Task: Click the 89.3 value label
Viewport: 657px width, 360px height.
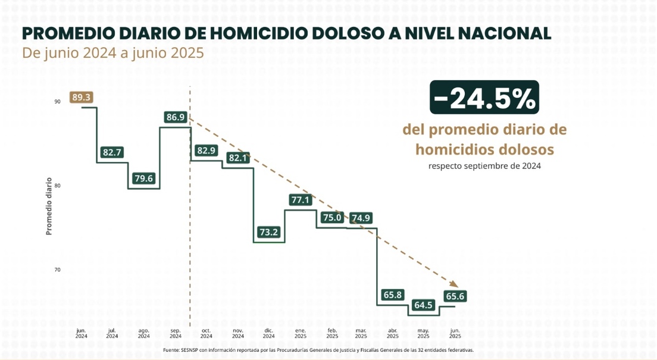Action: (x=81, y=97)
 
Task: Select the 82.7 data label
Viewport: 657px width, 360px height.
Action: (x=112, y=152)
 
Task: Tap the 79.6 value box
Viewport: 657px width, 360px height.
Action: (x=144, y=178)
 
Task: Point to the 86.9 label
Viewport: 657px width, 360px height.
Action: (x=176, y=117)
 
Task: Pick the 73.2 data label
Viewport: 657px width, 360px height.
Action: (x=268, y=231)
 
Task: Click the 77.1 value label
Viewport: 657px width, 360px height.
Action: (x=300, y=200)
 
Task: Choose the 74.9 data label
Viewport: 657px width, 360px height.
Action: (x=361, y=218)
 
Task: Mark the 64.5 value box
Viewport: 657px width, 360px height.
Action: (x=423, y=305)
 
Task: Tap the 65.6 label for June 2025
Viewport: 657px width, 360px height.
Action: (x=455, y=296)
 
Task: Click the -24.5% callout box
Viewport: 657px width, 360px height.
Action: (x=484, y=98)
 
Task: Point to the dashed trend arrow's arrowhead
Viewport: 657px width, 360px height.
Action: (x=453, y=285)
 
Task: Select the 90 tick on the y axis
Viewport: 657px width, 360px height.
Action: (x=57, y=102)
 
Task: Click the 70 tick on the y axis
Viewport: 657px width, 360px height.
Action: (x=57, y=270)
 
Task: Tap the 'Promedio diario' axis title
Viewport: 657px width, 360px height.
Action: (x=49, y=205)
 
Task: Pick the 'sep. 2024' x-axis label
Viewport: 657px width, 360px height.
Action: (x=176, y=333)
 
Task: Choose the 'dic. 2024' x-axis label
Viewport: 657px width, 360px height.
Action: (x=269, y=333)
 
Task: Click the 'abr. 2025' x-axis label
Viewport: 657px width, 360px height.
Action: (x=392, y=333)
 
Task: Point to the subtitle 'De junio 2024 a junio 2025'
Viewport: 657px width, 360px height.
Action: (x=113, y=53)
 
